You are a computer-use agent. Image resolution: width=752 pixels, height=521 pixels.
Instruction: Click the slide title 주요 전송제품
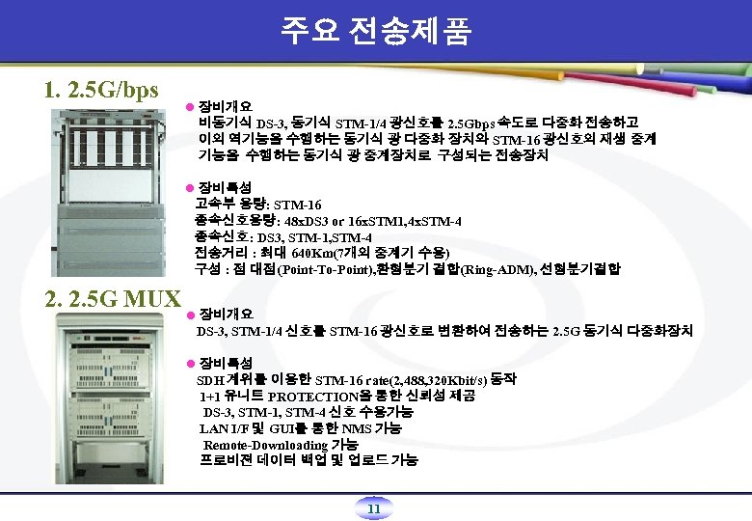tap(376, 31)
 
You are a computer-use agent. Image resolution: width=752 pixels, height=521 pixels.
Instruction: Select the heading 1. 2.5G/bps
tap(101, 90)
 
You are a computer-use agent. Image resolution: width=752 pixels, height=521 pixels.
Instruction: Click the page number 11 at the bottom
tap(376, 508)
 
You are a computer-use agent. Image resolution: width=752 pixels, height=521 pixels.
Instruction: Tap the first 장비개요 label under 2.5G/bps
tap(226, 105)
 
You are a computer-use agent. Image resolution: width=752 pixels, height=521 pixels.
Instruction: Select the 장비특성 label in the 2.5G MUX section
tap(226, 362)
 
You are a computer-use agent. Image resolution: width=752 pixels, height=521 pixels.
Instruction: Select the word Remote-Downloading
tap(265, 445)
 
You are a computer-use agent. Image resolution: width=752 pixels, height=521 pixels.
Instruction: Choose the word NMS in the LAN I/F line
tap(359, 428)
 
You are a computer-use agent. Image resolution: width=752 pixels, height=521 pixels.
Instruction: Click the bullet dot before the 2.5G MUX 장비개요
tap(191, 315)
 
